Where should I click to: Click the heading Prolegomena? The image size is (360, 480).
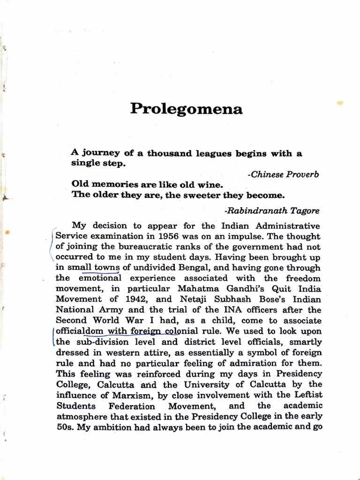coord(186,109)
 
